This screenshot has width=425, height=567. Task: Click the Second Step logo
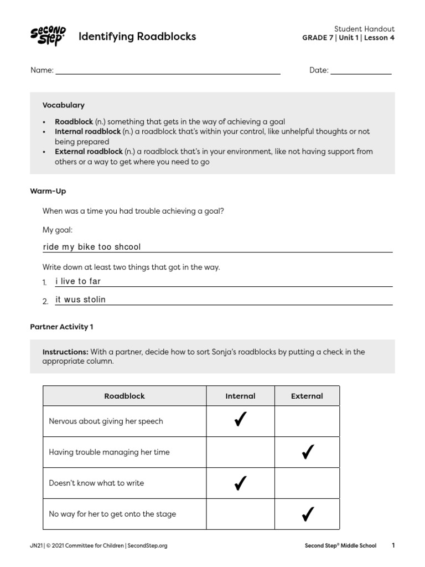[48, 37]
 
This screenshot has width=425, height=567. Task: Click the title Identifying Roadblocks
[137, 37]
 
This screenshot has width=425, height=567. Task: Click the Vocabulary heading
[63, 105]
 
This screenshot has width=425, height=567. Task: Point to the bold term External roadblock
[89, 152]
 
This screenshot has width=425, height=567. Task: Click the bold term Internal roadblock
[87, 132]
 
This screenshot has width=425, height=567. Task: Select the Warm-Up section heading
[48, 191]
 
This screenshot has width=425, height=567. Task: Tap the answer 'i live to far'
[78, 281]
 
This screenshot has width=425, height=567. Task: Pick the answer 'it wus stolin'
[81, 300]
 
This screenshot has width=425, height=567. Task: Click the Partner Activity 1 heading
[61, 327]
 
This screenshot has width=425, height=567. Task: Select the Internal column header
[240, 396]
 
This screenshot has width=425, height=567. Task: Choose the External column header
[307, 396]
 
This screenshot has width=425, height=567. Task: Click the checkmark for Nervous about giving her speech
[240, 421]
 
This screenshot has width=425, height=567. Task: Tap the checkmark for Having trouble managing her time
[307, 452]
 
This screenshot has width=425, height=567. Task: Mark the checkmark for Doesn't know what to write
[240, 483]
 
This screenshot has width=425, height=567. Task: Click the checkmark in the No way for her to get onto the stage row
[307, 514]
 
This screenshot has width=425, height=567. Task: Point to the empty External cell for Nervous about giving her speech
[307, 421]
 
